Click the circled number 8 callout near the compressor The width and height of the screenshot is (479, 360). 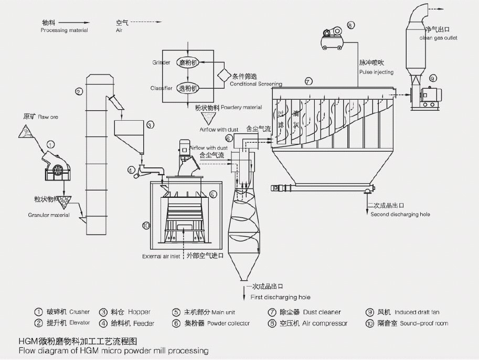tap(350, 25)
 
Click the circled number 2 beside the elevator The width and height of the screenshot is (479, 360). tap(78, 92)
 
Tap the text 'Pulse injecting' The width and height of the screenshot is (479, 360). tap(376, 72)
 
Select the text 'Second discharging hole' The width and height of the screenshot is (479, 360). tap(400, 215)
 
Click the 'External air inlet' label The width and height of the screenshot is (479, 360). tap(161, 257)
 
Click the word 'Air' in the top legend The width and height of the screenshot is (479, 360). tap(119, 30)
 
